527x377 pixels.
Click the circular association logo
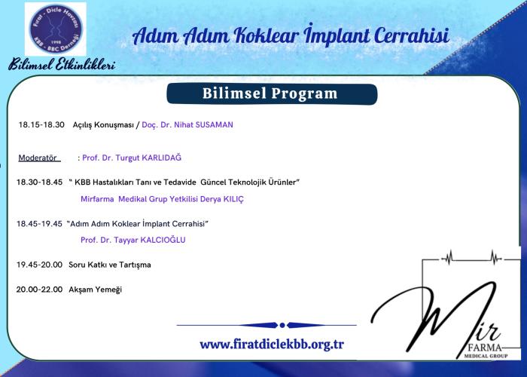pyautogui.click(x=56, y=29)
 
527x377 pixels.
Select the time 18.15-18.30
pyautogui.click(x=41, y=124)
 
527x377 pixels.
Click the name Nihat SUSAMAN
pyautogui.click(x=203, y=124)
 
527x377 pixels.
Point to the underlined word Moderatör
pyautogui.click(x=38, y=158)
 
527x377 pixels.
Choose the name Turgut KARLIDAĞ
pyautogui.click(x=148, y=158)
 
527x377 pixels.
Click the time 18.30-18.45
pyautogui.click(x=39, y=182)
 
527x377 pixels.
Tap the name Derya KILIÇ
pyautogui.click(x=222, y=199)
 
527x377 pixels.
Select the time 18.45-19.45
pyautogui.click(x=39, y=223)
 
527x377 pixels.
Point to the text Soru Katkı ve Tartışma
pyautogui.click(x=110, y=265)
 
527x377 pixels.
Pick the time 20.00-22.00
pyautogui.click(x=39, y=290)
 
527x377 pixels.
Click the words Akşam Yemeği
pyautogui.click(x=95, y=290)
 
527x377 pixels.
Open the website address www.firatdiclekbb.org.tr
pyautogui.click(x=272, y=344)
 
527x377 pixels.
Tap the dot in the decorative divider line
pyautogui.click(x=282, y=325)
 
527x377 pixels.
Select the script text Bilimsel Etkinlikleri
pyautogui.click(x=62, y=64)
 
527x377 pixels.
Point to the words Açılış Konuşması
pyautogui.click(x=103, y=124)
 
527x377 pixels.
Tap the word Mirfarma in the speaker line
pyautogui.click(x=97, y=199)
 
